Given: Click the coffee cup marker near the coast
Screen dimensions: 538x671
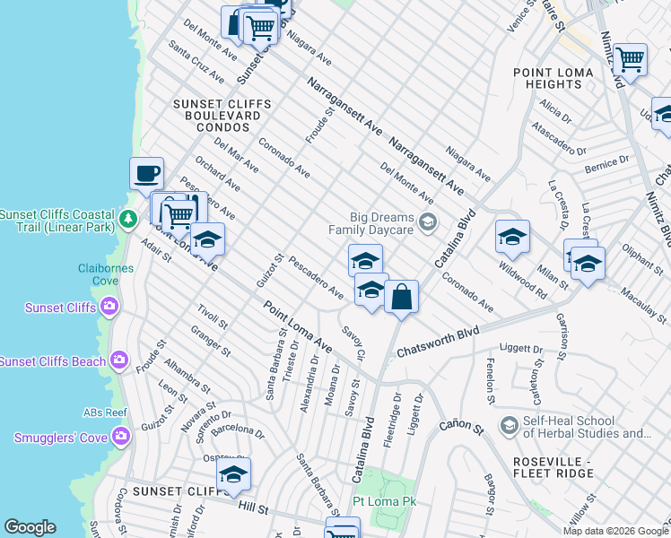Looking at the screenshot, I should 146,173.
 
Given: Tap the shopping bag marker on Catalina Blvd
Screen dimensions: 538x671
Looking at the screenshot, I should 402,296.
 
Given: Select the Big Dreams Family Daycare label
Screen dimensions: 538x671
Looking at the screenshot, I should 382,223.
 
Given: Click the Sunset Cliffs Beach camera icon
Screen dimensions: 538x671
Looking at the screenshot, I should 119,361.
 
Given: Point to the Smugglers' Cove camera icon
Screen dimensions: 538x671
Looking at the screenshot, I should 121,437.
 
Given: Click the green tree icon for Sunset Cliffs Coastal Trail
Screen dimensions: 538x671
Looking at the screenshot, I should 129,217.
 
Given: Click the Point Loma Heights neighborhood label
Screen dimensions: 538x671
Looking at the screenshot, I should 547,78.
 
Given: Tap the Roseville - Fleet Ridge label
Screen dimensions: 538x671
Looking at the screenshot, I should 536,466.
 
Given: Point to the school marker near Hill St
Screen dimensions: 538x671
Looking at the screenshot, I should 233,474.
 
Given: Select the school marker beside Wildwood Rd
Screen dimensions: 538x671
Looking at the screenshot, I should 511,236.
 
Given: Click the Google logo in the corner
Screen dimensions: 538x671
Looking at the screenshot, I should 30,527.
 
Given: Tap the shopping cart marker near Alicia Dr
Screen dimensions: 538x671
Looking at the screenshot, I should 631,59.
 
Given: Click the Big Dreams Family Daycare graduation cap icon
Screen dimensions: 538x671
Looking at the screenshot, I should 428,221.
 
